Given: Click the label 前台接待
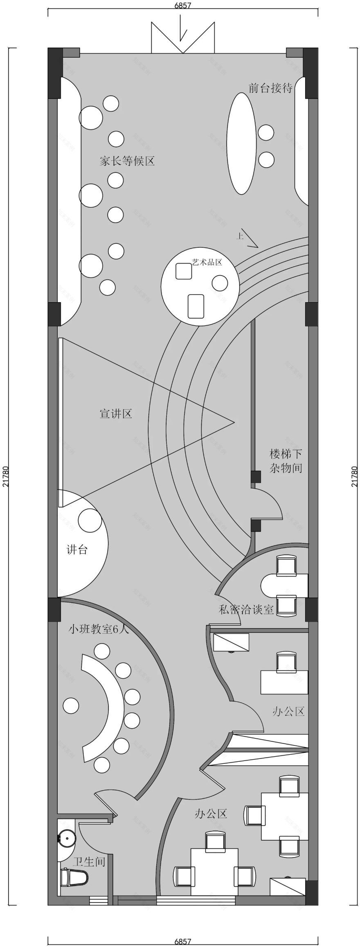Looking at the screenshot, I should [270, 88].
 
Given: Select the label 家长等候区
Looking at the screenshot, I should [127, 161].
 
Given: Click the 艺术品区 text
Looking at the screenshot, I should [207, 262].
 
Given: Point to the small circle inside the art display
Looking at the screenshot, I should [220, 283].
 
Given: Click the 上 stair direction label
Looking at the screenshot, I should [240, 236].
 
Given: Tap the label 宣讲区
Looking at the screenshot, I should [116, 413].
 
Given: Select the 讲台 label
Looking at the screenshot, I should [77, 549].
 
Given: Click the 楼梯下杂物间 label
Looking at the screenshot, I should [286, 461].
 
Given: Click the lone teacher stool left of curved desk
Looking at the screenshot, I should [71, 706].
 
